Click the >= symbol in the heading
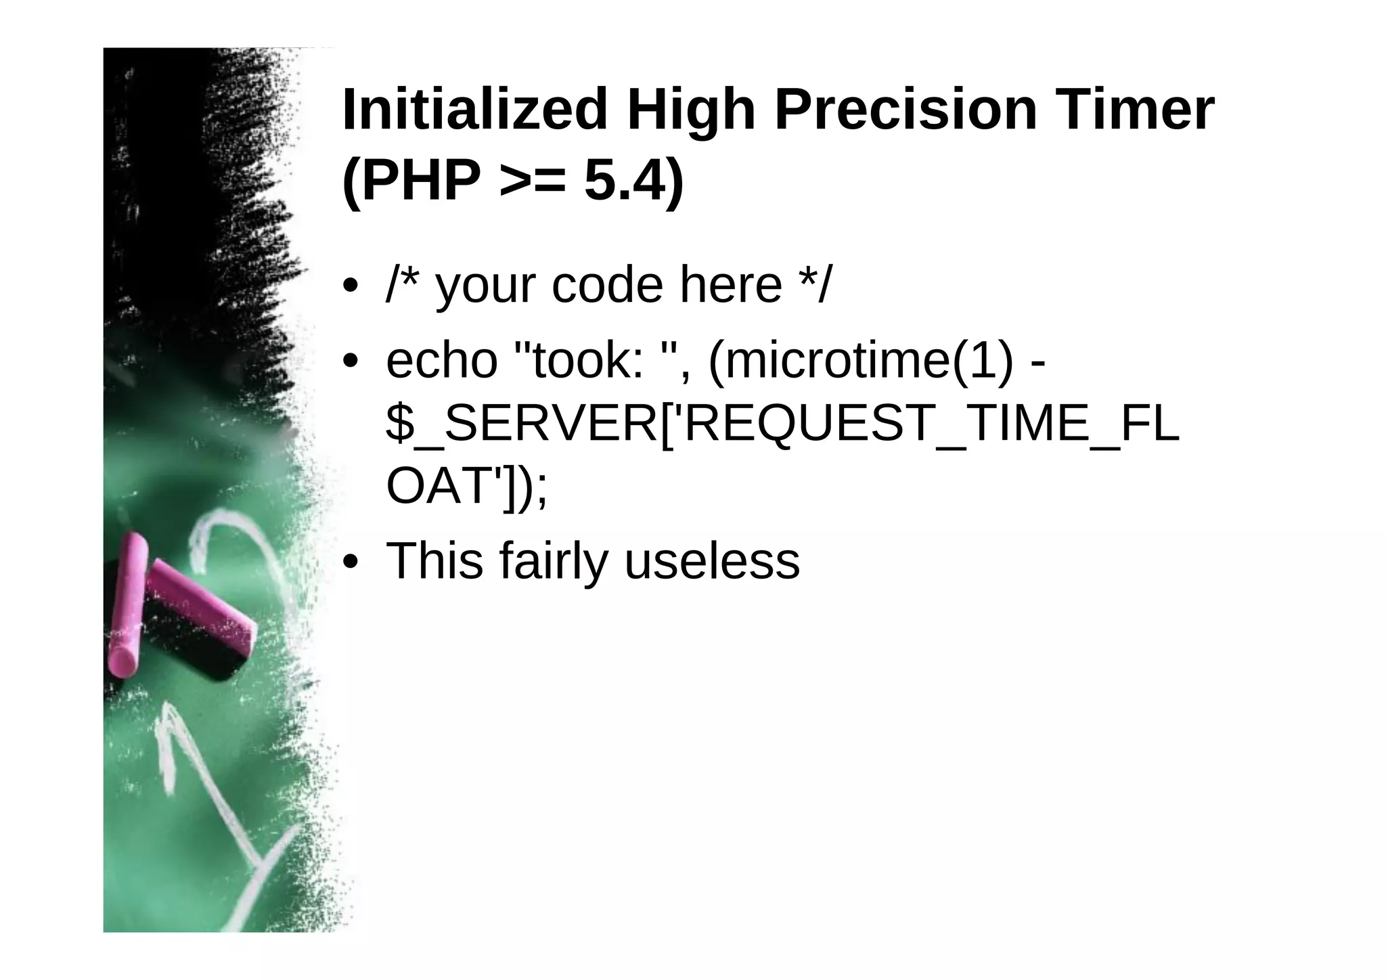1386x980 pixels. click(532, 183)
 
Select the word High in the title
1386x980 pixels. click(690, 110)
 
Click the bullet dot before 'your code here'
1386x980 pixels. click(350, 286)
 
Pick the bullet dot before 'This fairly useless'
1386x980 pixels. click(350, 562)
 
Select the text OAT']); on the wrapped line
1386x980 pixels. click(466, 486)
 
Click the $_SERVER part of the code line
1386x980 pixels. click(521, 424)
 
